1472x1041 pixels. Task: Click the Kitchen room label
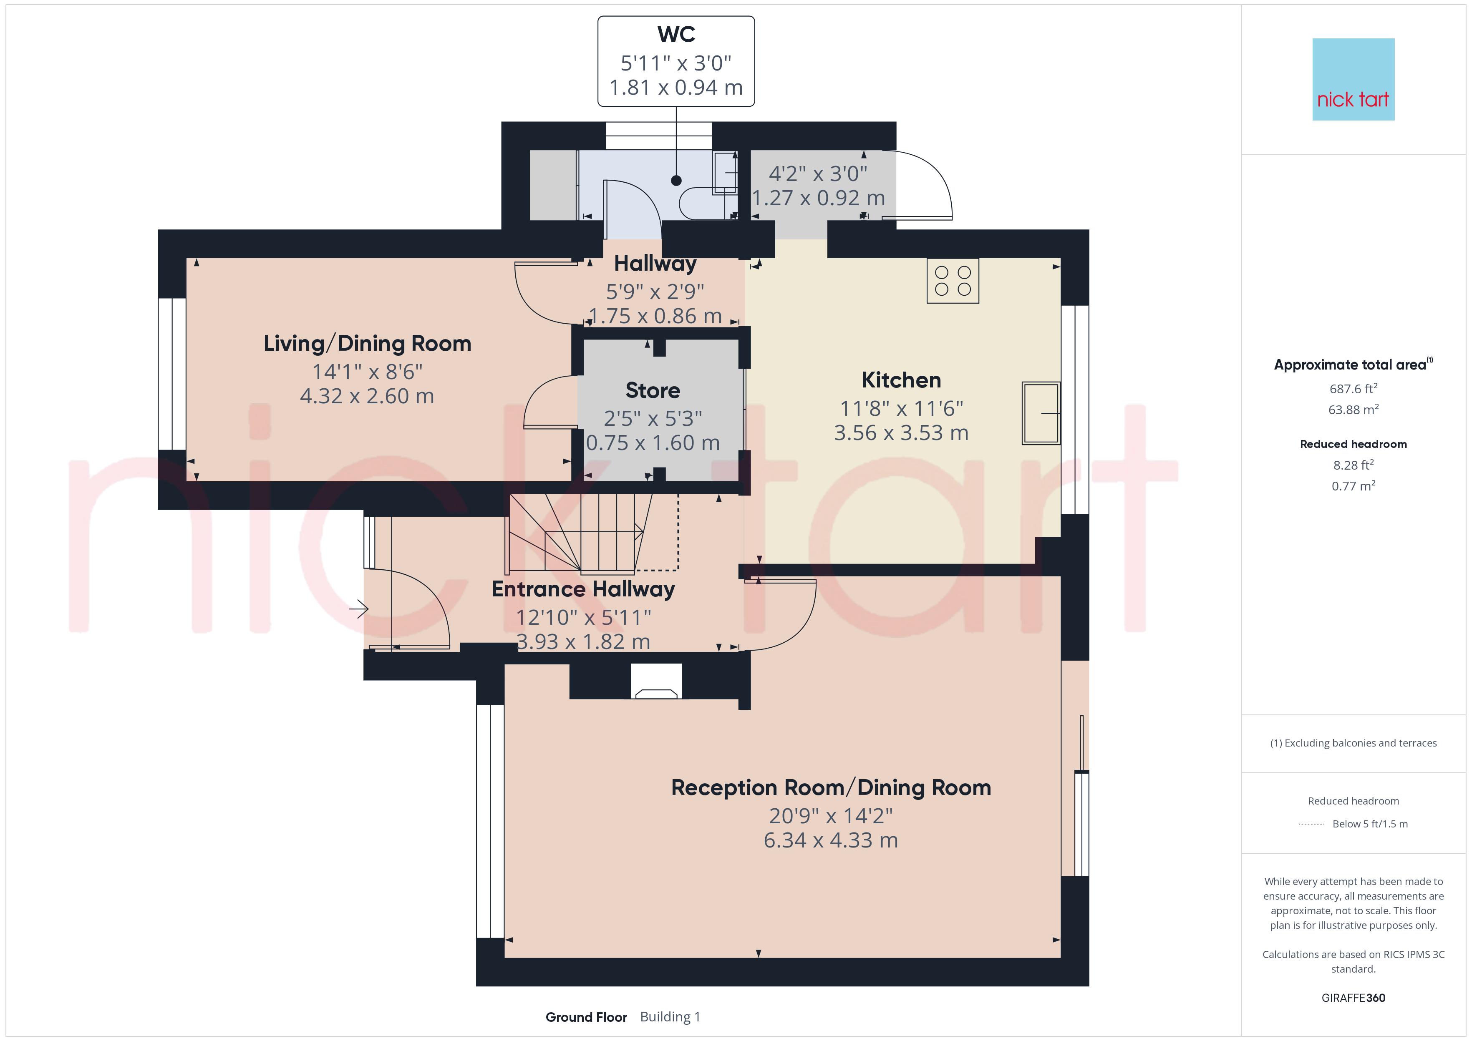(901, 380)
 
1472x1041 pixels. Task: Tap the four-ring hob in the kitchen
(953, 281)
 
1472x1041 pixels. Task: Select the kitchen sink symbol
(1041, 413)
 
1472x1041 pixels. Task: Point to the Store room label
(653, 390)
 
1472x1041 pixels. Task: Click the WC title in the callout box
(676, 34)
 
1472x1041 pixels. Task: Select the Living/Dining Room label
(367, 344)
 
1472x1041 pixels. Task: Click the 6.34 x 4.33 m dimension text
(831, 840)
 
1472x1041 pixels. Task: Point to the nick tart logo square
(1354, 80)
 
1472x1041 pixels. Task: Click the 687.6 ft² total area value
(1354, 388)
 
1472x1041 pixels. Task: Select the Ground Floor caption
(586, 1017)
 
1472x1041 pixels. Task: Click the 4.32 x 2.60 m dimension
(367, 396)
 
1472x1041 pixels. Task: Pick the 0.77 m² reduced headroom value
(1354, 486)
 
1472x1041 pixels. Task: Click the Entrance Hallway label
(583, 589)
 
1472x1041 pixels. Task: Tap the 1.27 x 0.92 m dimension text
(818, 198)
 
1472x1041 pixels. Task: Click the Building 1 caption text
(670, 1017)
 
